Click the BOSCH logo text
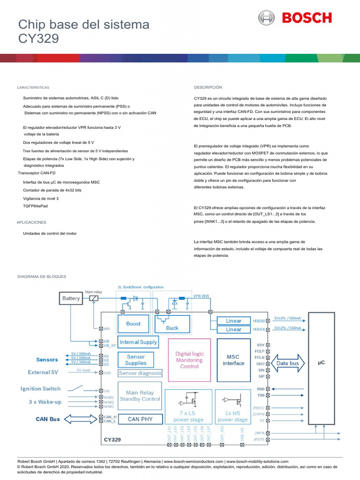pos(307,18)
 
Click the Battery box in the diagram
pos(71,298)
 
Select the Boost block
pos(134,324)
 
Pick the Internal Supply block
pos(138,343)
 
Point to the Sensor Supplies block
pos(136,360)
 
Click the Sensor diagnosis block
pos(140,374)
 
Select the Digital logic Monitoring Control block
pos(189,360)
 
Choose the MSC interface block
pos(233,360)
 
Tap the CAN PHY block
pos(140,419)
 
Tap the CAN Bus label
pos(48,419)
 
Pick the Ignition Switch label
pos(40,389)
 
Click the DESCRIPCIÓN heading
pos(208,88)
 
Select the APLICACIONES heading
pos(31,222)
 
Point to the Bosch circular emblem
pos(266,18)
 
